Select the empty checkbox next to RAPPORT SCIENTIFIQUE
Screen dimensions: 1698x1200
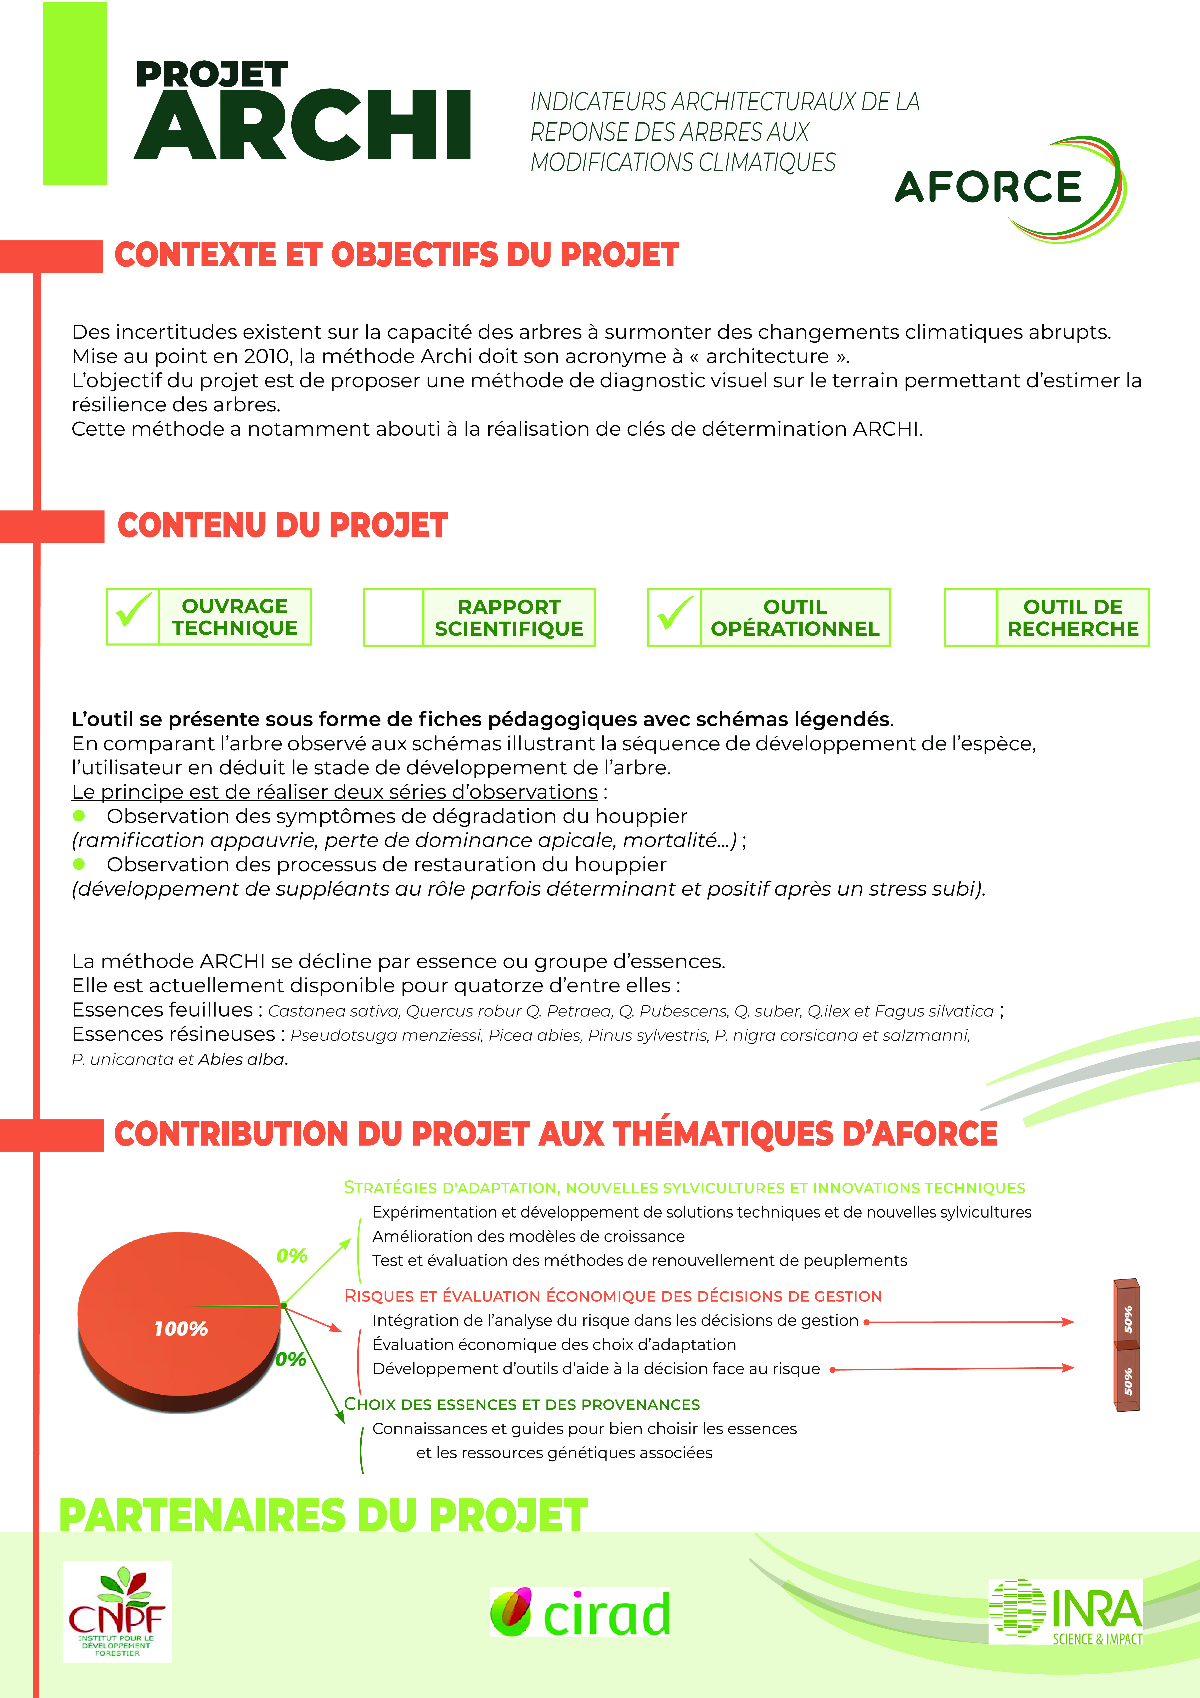coord(393,618)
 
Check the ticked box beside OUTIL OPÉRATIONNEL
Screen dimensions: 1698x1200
coord(674,618)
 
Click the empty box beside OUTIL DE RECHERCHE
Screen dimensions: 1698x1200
coord(971,618)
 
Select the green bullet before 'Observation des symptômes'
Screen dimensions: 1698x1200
coord(79,816)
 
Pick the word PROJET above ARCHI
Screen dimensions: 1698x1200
coord(212,75)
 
